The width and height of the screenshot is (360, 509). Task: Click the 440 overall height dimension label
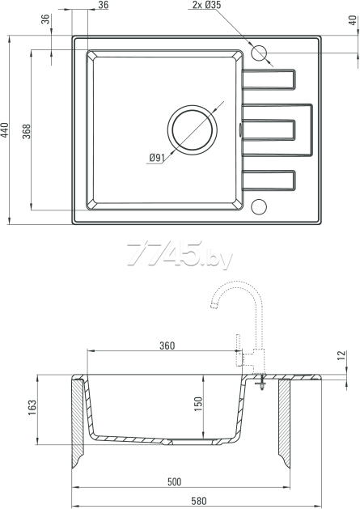tap(4, 129)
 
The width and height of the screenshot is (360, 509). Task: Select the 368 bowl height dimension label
tap(27, 131)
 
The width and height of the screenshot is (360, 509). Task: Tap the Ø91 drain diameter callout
tap(157, 158)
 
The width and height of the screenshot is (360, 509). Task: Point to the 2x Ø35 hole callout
tap(206, 5)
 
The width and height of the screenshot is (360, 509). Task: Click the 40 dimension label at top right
tap(353, 20)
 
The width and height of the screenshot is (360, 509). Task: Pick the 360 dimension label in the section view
tap(167, 346)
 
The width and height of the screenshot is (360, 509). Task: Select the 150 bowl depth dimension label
tap(198, 404)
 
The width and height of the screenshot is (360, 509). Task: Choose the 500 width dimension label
tap(174, 481)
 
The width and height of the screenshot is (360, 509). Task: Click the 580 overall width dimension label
tap(199, 501)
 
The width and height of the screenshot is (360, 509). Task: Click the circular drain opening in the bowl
tap(193, 129)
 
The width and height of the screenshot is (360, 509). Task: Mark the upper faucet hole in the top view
tap(259, 53)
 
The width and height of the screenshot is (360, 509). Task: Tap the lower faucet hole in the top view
tap(259, 206)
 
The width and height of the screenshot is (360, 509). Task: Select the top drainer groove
tap(269, 79)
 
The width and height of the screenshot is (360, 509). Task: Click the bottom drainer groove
tap(269, 180)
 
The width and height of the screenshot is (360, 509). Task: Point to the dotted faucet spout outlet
tap(214, 305)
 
